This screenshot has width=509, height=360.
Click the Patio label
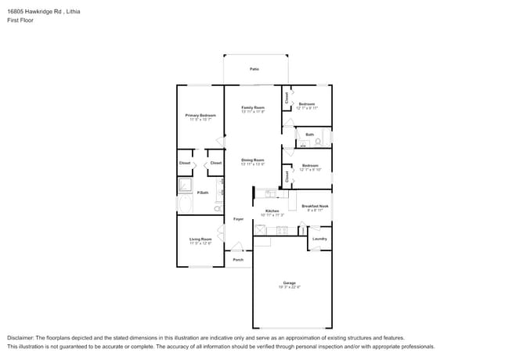click(254, 69)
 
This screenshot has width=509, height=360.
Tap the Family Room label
click(253, 107)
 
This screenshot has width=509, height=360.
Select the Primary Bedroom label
click(200, 115)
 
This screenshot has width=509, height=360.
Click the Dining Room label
click(253, 160)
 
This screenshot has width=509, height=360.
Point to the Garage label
click(289, 283)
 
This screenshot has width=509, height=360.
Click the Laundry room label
click(319, 239)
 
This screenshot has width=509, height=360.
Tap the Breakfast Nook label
click(315, 206)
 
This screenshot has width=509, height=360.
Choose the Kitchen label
click(272, 211)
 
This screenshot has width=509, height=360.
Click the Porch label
click(238, 260)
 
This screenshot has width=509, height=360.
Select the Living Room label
click(200, 239)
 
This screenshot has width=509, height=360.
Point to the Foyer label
click(238, 219)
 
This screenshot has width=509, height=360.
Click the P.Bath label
click(202, 193)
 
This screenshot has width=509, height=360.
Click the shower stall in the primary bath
click(186, 185)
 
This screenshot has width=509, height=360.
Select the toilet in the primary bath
click(218, 209)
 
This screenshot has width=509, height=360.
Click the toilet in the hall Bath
click(318, 142)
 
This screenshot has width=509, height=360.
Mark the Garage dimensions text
click(289, 287)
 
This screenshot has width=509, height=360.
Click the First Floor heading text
click(20, 21)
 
